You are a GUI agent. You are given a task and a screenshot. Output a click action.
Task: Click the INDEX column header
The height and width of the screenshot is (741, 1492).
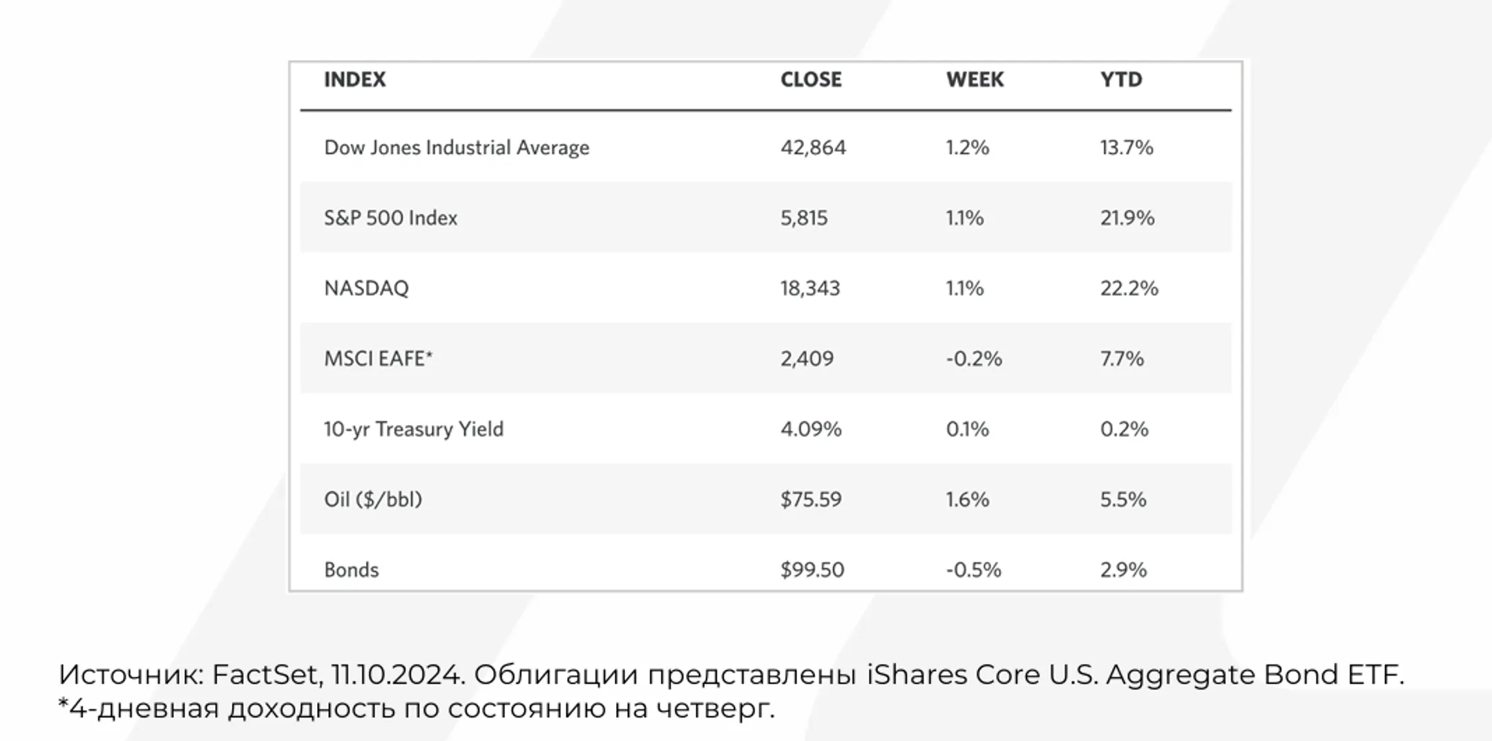(x=354, y=79)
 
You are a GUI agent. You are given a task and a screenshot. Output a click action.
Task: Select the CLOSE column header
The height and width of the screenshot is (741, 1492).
(x=811, y=79)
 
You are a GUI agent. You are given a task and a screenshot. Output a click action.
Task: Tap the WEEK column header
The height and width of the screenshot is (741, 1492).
(x=975, y=79)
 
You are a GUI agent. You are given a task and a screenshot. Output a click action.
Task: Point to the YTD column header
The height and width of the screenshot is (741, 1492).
(x=1121, y=79)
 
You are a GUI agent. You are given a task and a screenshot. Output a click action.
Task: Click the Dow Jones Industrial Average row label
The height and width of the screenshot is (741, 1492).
(x=457, y=147)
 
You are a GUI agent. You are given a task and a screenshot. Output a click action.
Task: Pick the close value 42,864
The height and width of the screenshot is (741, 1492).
(x=813, y=147)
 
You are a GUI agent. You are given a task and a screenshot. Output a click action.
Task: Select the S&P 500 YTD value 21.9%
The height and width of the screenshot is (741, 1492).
(x=1127, y=218)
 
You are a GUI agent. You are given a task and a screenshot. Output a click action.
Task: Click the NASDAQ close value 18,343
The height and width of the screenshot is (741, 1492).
(x=810, y=288)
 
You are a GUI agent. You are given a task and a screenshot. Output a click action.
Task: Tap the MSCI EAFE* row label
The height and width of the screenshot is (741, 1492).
(x=378, y=358)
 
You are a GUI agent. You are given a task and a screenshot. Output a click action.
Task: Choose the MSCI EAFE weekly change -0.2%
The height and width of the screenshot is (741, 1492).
(x=974, y=358)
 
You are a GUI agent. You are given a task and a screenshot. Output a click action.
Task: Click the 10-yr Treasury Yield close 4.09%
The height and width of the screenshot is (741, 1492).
(x=811, y=429)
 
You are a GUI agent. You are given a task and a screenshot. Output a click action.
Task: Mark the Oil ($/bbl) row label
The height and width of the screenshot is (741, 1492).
(x=373, y=499)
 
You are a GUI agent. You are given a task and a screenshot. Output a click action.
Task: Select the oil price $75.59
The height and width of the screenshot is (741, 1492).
(x=811, y=499)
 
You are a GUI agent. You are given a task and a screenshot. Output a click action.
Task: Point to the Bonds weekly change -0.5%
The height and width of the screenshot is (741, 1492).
(x=973, y=570)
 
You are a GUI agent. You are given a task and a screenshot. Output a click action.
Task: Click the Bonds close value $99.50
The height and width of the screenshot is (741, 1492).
(x=812, y=570)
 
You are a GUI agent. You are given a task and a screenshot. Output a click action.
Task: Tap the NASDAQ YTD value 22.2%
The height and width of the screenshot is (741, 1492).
(x=1129, y=288)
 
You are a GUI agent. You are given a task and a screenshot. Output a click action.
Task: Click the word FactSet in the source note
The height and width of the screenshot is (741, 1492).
(x=266, y=674)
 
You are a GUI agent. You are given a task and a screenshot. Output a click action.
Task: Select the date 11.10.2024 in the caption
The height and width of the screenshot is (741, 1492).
(x=396, y=674)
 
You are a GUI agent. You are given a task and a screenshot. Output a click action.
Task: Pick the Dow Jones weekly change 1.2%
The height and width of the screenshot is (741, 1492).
(x=967, y=147)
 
